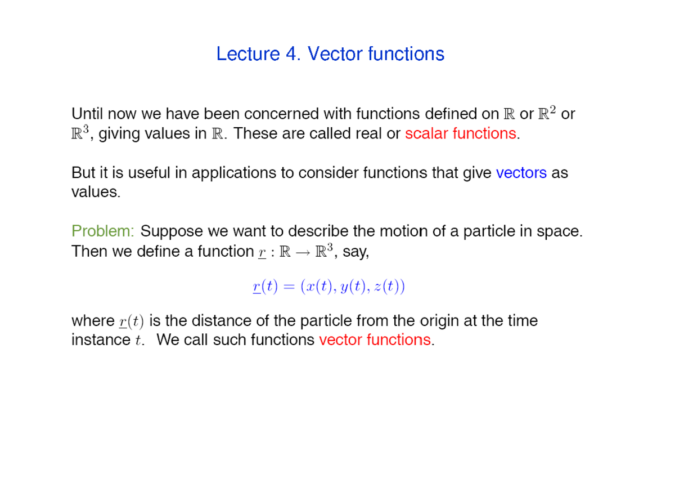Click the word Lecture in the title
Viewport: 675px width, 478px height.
coord(247,54)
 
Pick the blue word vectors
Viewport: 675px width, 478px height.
coord(521,173)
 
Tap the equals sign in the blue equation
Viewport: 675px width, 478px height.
coord(289,287)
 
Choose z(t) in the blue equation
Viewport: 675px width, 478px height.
coord(386,287)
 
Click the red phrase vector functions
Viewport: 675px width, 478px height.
coord(374,340)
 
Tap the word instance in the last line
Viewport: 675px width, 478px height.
coord(101,340)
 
